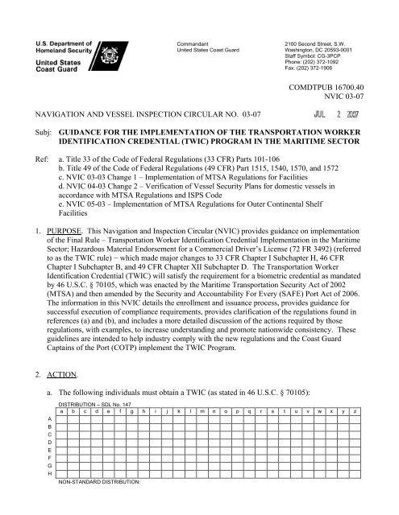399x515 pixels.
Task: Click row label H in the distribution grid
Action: tap(51, 497)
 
